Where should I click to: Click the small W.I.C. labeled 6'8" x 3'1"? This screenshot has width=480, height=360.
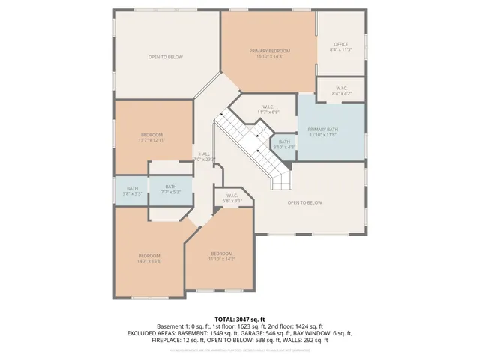click(x=232, y=199)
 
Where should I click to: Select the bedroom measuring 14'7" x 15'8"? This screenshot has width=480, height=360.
click(x=149, y=258)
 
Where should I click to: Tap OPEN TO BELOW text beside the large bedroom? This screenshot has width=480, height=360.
click(x=166, y=57)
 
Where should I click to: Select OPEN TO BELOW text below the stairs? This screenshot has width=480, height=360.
click(x=304, y=202)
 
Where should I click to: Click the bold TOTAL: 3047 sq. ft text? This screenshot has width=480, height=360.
click(x=240, y=319)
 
